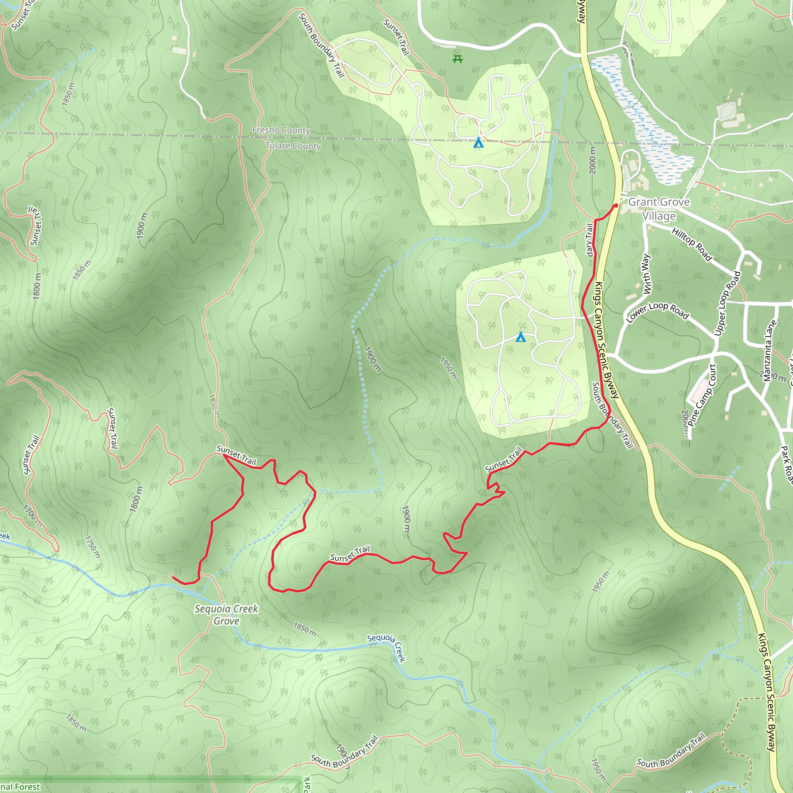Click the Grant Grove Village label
click(x=659, y=209)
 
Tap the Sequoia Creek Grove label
click(x=227, y=614)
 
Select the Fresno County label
click(x=281, y=130)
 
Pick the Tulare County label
click(x=293, y=146)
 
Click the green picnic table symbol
click(x=458, y=60)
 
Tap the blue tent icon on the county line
click(x=478, y=142)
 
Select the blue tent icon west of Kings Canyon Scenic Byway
click(x=520, y=337)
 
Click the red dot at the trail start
click(x=616, y=206)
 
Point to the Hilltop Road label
click(x=692, y=244)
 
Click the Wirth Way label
click(x=645, y=274)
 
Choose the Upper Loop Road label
click(x=727, y=303)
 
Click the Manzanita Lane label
click(x=770, y=351)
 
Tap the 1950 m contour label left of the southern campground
click(x=448, y=368)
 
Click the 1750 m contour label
click(x=93, y=547)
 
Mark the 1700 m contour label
click(x=32, y=515)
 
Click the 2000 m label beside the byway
click(x=592, y=160)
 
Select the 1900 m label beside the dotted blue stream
click(x=372, y=360)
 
